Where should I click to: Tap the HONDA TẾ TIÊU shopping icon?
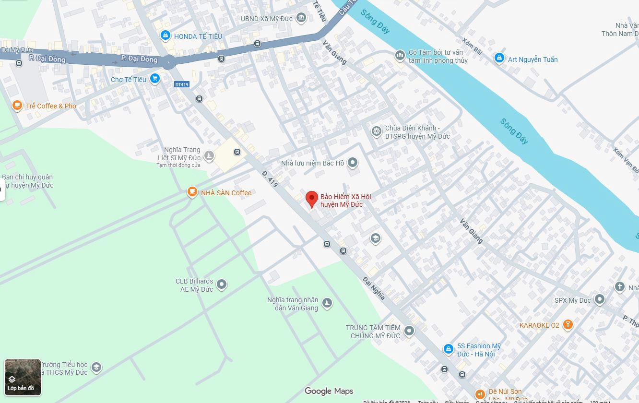[x=166, y=35]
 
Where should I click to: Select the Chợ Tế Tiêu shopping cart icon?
[x=154, y=79]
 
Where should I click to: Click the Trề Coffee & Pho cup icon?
[x=17, y=105]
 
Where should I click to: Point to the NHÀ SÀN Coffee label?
[x=226, y=193]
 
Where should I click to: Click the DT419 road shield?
[x=182, y=84]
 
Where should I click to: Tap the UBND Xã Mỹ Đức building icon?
[x=301, y=18]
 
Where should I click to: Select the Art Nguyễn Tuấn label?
[x=532, y=59]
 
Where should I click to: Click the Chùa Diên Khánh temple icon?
[x=377, y=131]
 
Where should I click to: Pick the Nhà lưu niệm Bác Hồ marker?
[x=353, y=163]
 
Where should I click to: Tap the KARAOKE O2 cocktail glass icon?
[x=568, y=325]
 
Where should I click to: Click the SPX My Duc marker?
[x=599, y=300]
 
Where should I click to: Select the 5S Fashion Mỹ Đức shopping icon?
[x=448, y=349]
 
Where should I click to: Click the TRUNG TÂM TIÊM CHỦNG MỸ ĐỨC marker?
[x=409, y=331]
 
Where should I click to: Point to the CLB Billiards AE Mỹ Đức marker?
[x=222, y=284]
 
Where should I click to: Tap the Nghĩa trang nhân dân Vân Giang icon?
[x=327, y=303]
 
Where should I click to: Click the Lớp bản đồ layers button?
[x=23, y=377]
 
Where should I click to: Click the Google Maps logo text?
[x=329, y=391]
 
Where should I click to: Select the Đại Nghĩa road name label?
[x=374, y=288]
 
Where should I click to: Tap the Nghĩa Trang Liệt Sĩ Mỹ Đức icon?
[x=209, y=155]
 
